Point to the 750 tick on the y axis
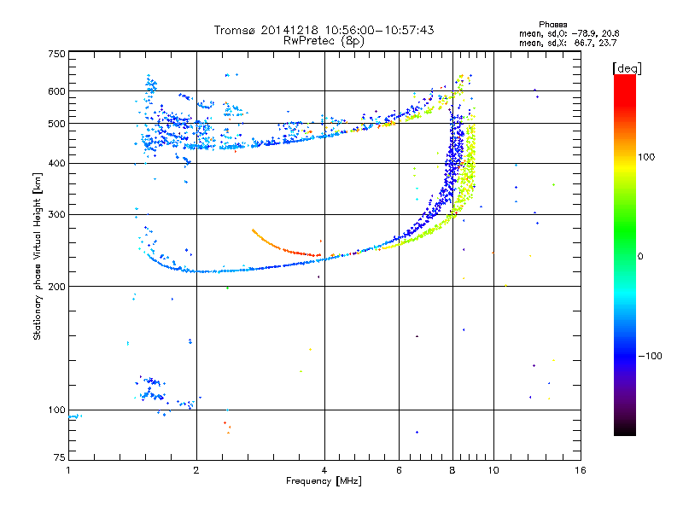(56, 54)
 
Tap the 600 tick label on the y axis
(56, 91)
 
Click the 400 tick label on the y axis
(56, 163)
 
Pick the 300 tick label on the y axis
(56, 214)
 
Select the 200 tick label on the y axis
(56, 286)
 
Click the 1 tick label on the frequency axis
(68, 470)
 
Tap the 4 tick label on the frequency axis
(324, 470)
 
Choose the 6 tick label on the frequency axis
(399, 470)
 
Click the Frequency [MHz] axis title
(324, 481)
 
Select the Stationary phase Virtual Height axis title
(38, 256)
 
